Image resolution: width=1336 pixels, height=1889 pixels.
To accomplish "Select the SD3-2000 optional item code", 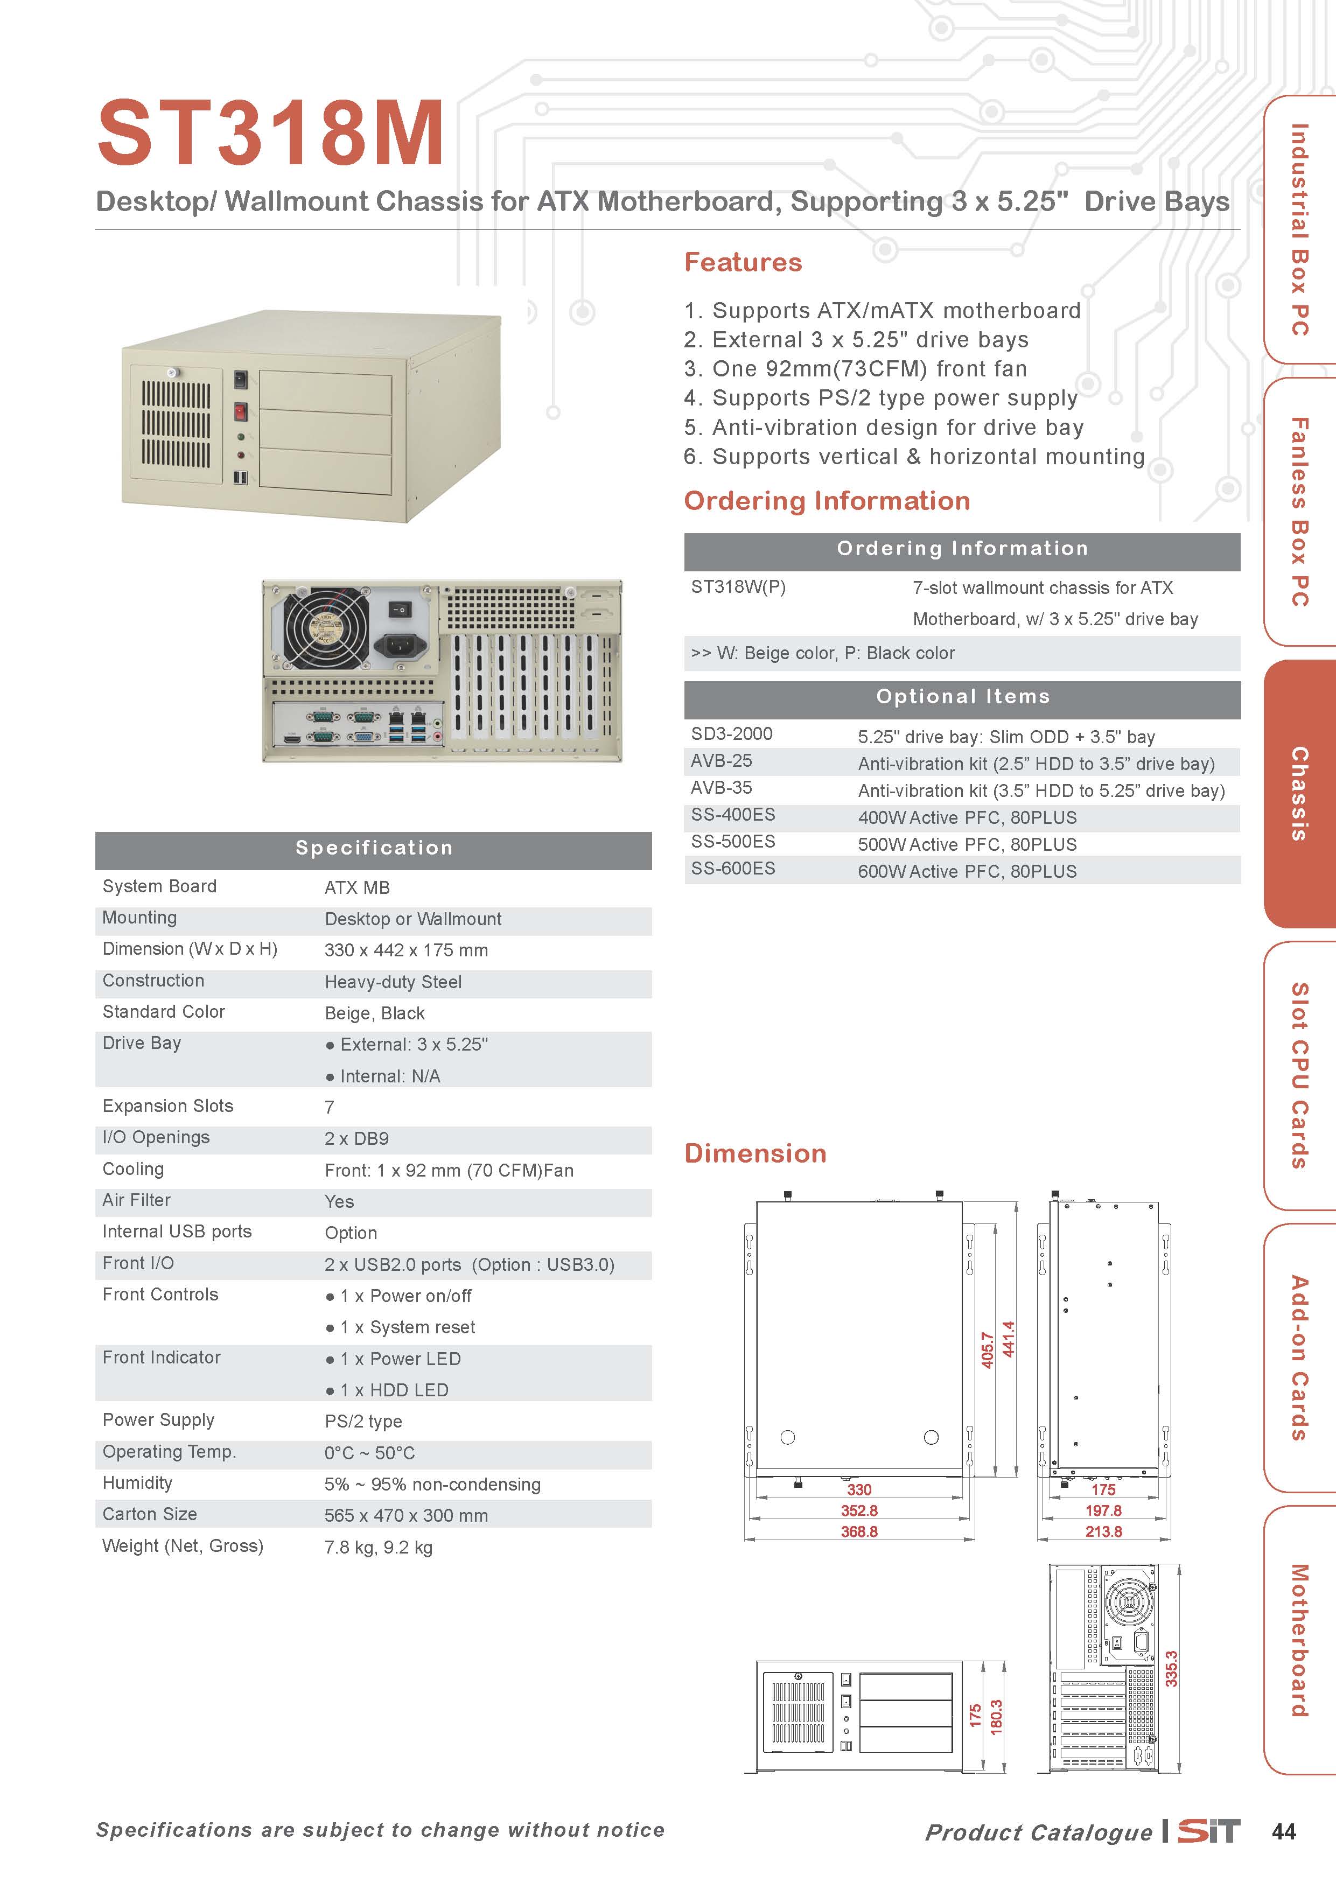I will (x=731, y=734).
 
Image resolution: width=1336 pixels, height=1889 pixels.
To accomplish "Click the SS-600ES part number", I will (x=732, y=869).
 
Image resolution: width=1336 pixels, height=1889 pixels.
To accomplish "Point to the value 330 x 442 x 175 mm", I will (x=405, y=950).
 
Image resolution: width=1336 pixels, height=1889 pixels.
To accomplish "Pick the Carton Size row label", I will (x=150, y=1514).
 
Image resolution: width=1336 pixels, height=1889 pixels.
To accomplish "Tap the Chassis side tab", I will (x=1299, y=793).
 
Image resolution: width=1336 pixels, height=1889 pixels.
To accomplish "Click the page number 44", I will (x=1283, y=1831).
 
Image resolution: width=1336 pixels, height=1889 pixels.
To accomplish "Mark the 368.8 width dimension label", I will (x=859, y=1531).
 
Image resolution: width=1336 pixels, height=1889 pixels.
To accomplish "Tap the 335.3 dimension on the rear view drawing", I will (x=1171, y=1669).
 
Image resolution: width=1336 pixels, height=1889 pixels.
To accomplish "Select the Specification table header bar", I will (x=374, y=848).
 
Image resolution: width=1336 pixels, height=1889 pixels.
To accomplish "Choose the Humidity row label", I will (x=137, y=1482).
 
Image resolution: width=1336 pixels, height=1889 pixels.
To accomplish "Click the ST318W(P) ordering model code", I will (x=738, y=587).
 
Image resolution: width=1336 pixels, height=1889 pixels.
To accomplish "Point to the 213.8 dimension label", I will (x=1103, y=1531).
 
